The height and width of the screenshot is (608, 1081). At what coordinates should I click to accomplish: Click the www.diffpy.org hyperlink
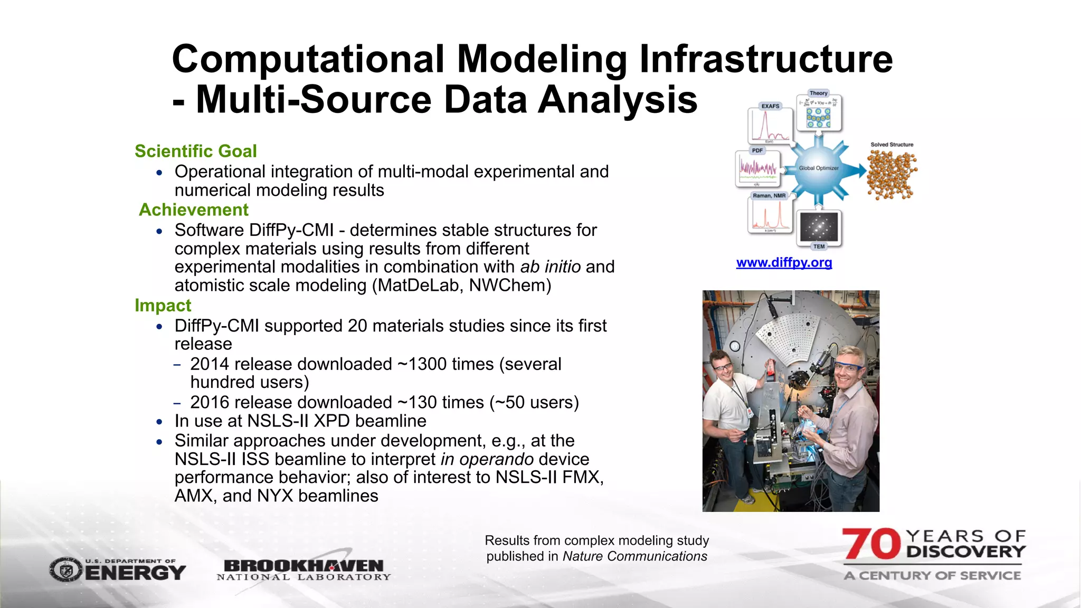pos(784,262)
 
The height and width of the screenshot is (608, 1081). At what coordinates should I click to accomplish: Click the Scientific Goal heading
pos(195,151)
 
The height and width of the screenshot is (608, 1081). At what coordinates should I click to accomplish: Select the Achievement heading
pos(193,210)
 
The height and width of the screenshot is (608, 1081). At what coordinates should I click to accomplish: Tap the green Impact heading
pos(163,305)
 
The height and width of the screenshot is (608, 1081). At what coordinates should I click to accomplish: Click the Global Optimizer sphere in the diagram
pos(818,168)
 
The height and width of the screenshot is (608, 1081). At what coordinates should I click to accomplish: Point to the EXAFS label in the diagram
pos(770,106)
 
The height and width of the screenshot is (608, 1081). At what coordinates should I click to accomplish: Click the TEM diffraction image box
pos(819,227)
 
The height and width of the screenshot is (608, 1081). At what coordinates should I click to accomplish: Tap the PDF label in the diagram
pos(757,150)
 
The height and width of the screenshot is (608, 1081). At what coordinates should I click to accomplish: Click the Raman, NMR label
pos(769,196)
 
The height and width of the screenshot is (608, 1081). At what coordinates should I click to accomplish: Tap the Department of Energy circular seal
pos(66,571)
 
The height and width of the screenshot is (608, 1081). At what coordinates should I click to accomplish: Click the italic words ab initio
pos(551,267)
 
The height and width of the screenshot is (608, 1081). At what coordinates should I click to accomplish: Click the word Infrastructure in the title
pos(766,59)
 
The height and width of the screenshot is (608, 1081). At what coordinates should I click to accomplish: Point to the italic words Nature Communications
pos(634,556)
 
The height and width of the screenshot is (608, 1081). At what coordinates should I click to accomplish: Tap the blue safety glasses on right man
pos(848,367)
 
